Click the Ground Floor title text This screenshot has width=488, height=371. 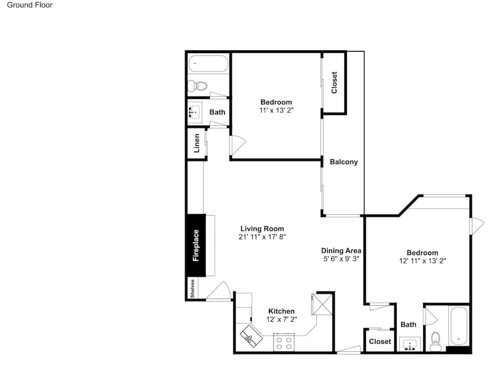[30, 5]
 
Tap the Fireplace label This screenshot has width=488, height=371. [196, 245]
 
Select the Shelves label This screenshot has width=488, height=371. [192, 289]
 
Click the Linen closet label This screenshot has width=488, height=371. [197, 143]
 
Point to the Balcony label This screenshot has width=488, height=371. [344, 162]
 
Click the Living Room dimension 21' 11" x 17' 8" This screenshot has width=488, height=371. [262, 237]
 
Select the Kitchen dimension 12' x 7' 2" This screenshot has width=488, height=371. [282, 319]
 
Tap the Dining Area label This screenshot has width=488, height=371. [341, 250]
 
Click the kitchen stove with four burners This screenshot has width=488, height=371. [284, 342]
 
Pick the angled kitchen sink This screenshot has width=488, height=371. [251, 336]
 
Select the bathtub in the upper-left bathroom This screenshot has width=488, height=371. [208, 64]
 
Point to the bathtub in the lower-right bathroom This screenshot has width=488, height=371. [459, 326]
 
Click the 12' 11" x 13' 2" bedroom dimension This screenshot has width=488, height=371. [422, 261]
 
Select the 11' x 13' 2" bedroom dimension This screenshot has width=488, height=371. [276, 110]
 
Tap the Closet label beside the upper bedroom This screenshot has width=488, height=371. [334, 82]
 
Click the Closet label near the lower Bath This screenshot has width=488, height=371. [380, 341]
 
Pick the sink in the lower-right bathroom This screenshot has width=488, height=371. [410, 345]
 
